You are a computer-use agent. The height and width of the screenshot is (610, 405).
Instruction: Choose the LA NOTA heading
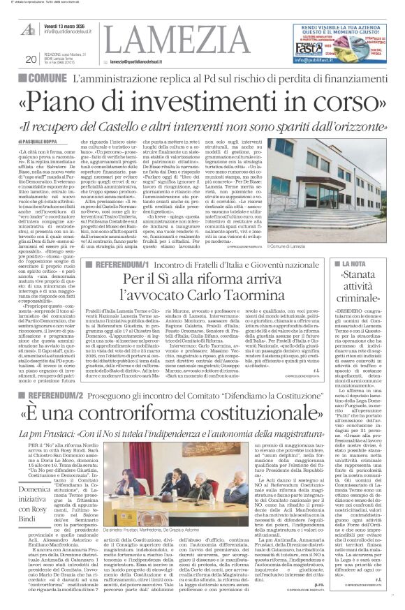coord(362,265)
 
